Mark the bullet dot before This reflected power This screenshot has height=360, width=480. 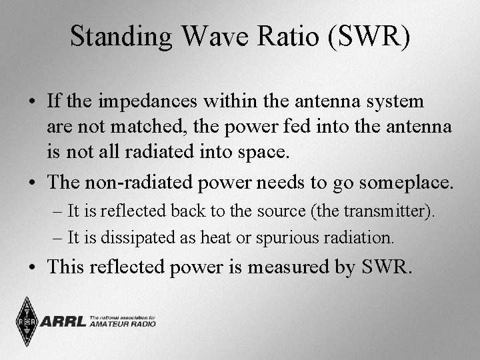click(32, 268)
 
